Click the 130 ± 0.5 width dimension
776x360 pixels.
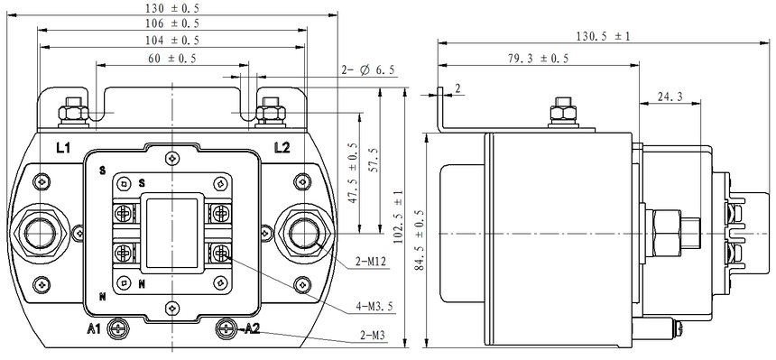coord(171,8)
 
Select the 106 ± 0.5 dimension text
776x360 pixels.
coord(171,23)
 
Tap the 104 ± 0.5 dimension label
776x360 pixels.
coord(171,40)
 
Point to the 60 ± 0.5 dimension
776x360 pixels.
coord(171,58)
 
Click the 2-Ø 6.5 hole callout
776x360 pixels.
coord(368,70)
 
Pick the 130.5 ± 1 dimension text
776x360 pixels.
coord(603,36)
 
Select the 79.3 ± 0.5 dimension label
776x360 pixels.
coord(538,58)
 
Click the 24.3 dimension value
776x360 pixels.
coord(670,97)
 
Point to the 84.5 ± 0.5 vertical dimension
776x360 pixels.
coord(420,239)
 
